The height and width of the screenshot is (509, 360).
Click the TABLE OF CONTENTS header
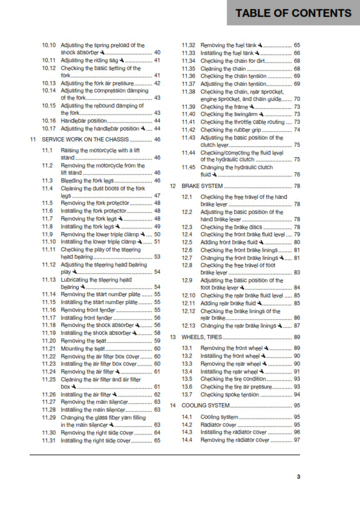tap(293, 13)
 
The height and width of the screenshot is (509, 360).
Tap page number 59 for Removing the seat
tap(157, 340)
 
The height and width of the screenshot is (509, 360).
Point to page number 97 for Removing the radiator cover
tap(297, 440)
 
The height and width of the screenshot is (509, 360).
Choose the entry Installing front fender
tap(87, 317)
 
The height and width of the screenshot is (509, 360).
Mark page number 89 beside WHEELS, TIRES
tap(297, 337)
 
